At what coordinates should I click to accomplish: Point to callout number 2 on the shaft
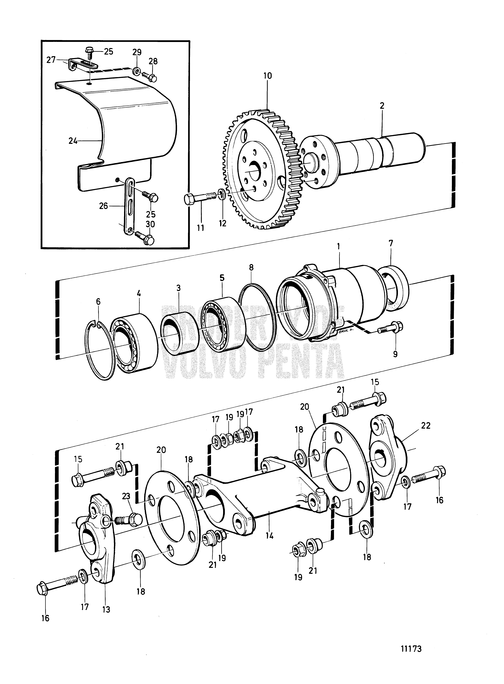point(382,106)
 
